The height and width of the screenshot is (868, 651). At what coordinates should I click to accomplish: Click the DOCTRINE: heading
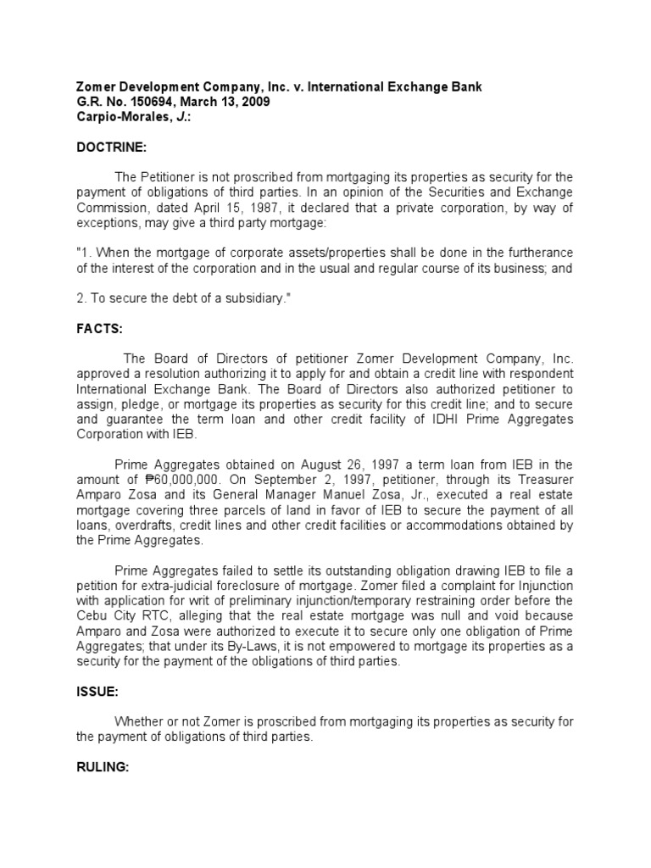pyautogui.click(x=112, y=147)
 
